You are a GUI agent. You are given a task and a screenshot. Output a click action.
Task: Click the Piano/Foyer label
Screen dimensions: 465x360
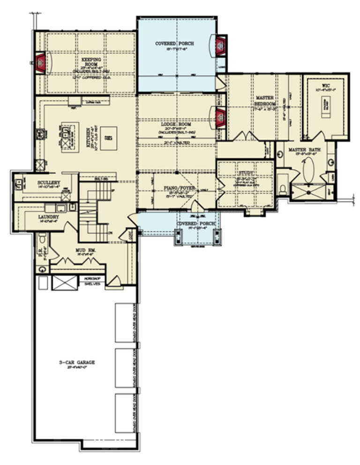173,188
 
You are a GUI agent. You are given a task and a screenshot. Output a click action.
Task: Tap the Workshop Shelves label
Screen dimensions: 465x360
92,281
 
